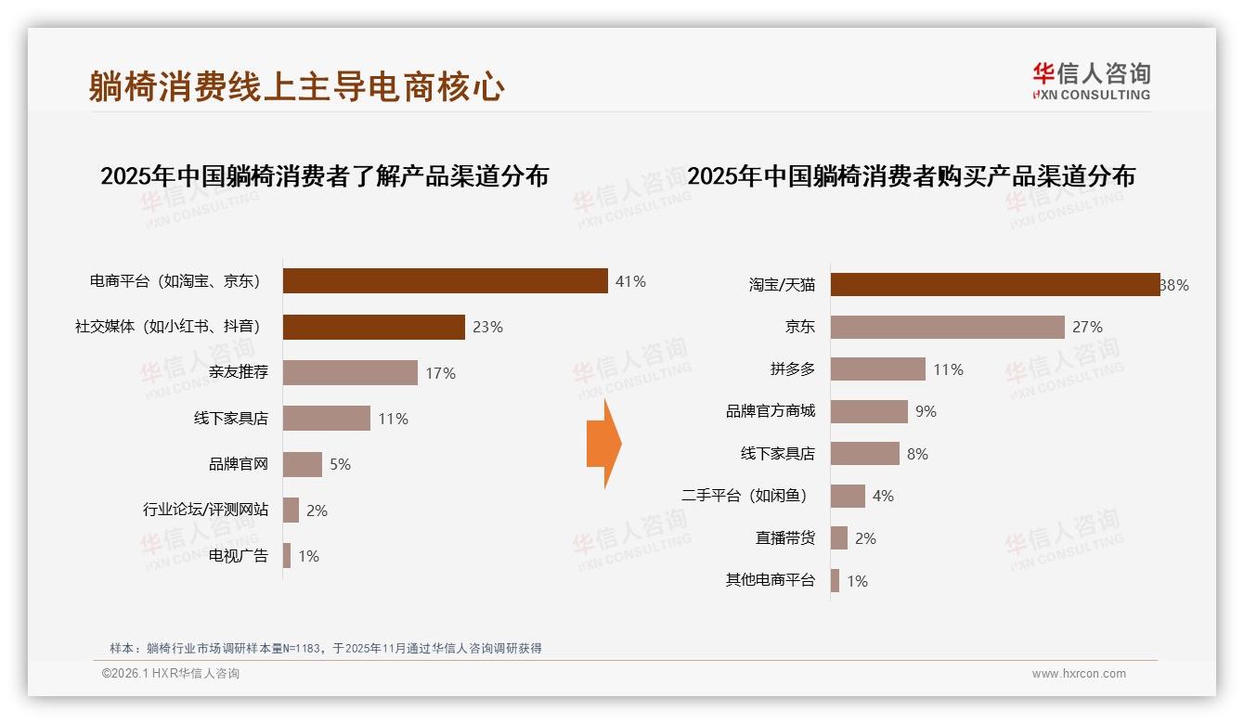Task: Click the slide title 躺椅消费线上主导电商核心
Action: tap(297, 86)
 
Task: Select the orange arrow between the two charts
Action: tap(603, 444)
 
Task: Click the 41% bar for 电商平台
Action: tap(445, 281)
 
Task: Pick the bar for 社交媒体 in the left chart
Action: tap(373, 327)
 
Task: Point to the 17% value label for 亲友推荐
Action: tap(440, 373)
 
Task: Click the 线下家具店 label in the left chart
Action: tap(230, 419)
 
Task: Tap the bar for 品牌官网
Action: tap(302, 464)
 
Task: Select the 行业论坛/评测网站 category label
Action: tap(205, 510)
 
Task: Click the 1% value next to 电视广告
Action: tap(308, 556)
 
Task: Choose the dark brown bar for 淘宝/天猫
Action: tap(994, 285)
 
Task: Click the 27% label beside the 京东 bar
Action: tap(1087, 327)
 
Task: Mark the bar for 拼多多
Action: tap(877, 369)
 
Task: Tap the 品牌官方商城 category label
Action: tap(770, 411)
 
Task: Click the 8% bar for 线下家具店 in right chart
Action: tap(864, 454)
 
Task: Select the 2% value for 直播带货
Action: tap(865, 538)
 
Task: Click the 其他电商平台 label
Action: tap(770, 580)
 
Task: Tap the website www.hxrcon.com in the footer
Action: tap(1078, 674)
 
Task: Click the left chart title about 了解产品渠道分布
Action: tap(324, 176)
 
